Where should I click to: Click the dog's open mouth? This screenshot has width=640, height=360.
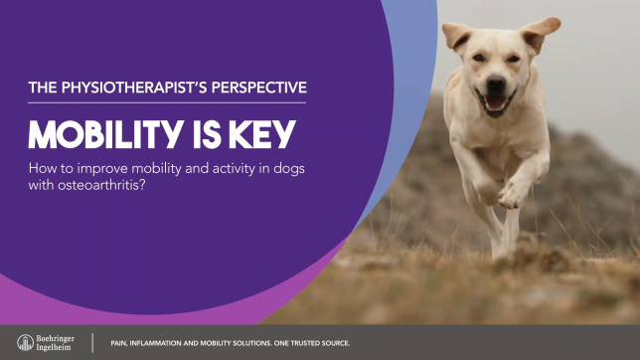(493, 103)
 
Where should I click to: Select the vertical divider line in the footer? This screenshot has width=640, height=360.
(93, 343)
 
